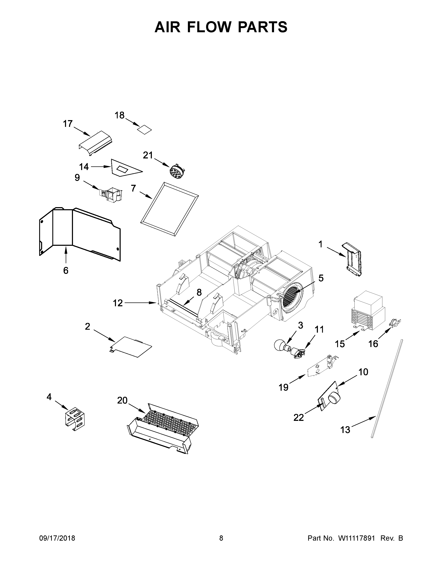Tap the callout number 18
click(120, 115)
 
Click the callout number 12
click(118, 303)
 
